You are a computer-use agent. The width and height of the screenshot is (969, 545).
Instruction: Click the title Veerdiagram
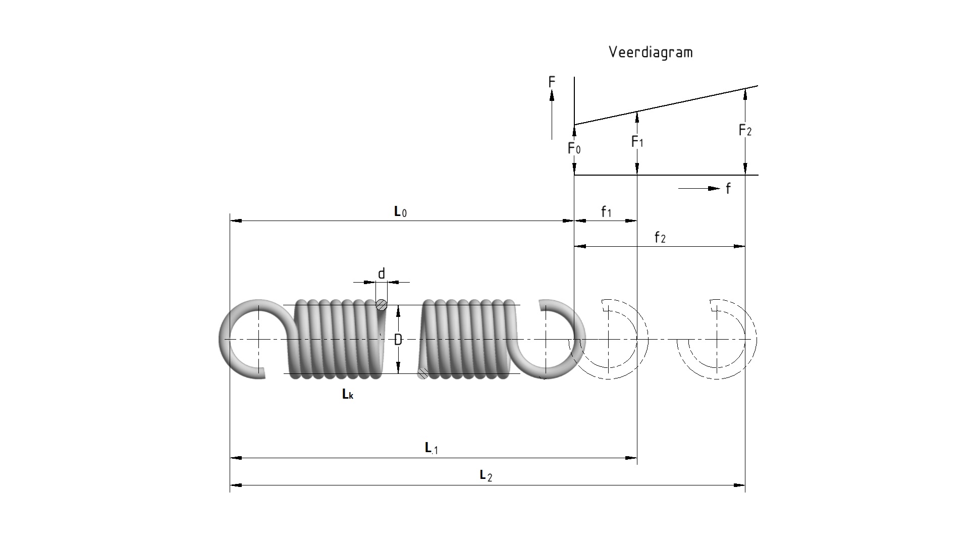coord(651,52)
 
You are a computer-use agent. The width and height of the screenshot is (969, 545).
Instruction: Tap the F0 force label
coord(574,148)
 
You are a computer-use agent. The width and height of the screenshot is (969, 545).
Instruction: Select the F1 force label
coord(637,142)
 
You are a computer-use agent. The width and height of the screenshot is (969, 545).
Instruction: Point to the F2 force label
coord(745,130)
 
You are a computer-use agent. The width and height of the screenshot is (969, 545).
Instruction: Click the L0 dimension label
coord(400,211)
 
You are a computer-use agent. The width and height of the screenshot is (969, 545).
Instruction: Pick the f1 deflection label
coord(606,212)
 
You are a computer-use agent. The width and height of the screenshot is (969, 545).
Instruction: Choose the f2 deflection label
coord(660,237)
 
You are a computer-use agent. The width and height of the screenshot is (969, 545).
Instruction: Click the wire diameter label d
coord(382,274)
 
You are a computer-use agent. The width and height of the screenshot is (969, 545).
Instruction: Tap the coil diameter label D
coord(398,340)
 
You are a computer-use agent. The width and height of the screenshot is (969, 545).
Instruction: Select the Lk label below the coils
coord(348,394)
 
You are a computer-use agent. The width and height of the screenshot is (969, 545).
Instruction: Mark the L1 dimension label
coord(432,448)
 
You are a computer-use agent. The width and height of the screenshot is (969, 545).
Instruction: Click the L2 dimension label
coord(486,475)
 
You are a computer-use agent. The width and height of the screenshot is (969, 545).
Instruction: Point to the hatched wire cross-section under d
coord(382,305)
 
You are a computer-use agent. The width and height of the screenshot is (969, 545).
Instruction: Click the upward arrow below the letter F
coord(552,114)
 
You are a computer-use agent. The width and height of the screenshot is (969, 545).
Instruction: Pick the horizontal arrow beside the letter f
coord(699,189)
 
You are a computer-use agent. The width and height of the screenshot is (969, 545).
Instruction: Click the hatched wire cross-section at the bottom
coord(423,373)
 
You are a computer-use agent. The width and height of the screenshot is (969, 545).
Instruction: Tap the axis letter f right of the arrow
coord(728,189)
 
